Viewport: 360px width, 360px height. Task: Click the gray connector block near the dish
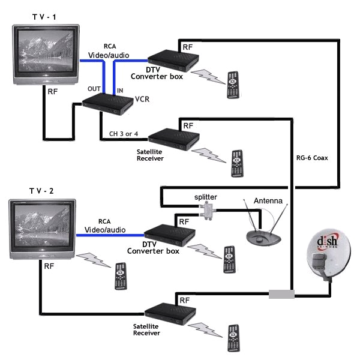coord(281,295)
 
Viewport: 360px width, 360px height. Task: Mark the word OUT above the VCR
coord(94,89)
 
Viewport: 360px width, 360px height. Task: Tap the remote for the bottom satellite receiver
coord(233,338)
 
